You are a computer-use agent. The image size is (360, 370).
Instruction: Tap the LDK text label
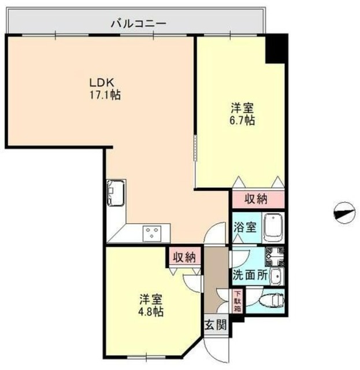pos(98,82)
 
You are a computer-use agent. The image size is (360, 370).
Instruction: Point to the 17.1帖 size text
pos(104,95)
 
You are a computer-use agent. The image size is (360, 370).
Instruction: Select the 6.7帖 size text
pos(242,121)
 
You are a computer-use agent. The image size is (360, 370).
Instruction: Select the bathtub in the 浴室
pos(272,227)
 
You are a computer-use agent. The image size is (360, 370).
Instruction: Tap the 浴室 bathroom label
pos(244,227)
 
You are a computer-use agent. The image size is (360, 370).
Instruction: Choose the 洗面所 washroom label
pos(250,276)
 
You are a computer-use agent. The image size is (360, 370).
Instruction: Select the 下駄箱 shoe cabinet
pos(237,301)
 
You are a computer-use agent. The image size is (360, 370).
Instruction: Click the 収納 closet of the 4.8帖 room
pos(184,256)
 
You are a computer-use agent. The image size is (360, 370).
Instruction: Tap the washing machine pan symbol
pos(274,254)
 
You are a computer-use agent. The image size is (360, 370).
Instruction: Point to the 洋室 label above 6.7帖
pos(242,108)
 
